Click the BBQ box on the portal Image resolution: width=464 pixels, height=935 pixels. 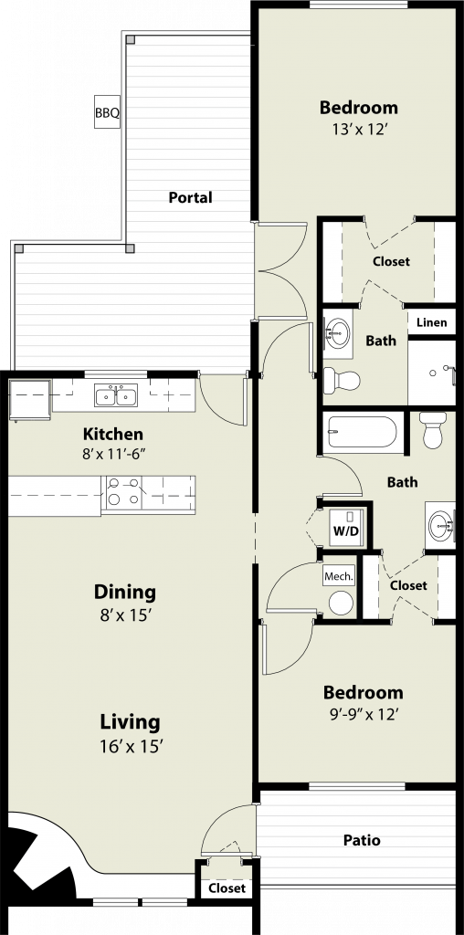[108, 112]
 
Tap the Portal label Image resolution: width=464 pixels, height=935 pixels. [190, 197]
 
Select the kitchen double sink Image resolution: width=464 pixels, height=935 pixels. [116, 395]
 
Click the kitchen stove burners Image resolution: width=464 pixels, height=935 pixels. [123, 491]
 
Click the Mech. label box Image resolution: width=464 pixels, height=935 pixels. [339, 577]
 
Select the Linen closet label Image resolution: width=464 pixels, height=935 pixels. [431, 322]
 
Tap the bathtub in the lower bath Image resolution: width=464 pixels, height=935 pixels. [362, 432]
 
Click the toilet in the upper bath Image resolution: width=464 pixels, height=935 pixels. [341, 380]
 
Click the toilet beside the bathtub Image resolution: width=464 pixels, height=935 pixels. [433, 429]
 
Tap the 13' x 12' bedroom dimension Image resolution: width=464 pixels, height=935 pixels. [358, 129]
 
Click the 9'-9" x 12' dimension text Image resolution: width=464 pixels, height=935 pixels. [360, 713]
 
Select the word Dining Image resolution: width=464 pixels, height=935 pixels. [125, 593]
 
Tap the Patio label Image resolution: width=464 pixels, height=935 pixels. [362, 840]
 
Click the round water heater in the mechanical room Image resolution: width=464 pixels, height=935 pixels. [341, 604]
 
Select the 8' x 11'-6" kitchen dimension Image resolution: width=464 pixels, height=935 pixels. [114, 454]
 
